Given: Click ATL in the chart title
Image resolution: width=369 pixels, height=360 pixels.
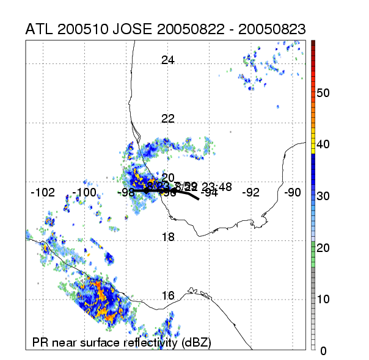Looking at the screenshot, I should pyautogui.click(x=41, y=29).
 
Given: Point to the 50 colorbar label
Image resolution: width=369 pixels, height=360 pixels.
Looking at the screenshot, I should pyautogui.click(x=324, y=93).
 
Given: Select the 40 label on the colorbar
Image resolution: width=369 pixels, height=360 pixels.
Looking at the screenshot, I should pyautogui.click(x=324, y=145).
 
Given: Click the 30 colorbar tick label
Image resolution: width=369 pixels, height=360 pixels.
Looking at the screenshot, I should pyautogui.click(x=324, y=196).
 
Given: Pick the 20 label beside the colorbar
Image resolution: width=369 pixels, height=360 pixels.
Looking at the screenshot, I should pyautogui.click(x=324, y=248).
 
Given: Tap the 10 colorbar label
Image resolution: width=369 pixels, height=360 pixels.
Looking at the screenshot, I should pyautogui.click(x=324, y=299).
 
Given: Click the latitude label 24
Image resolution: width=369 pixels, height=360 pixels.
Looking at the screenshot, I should pyautogui.click(x=168, y=60).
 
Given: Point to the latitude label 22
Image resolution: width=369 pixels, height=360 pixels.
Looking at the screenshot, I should pyautogui.click(x=168, y=118).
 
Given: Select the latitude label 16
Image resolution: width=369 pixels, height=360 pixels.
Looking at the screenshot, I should pyautogui.click(x=168, y=295).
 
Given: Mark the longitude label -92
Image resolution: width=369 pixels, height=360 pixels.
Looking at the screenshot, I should pyautogui.click(x=251, y=193).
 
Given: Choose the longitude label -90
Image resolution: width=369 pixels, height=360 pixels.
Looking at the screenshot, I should pyautogui.click(x=293, y=193).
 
